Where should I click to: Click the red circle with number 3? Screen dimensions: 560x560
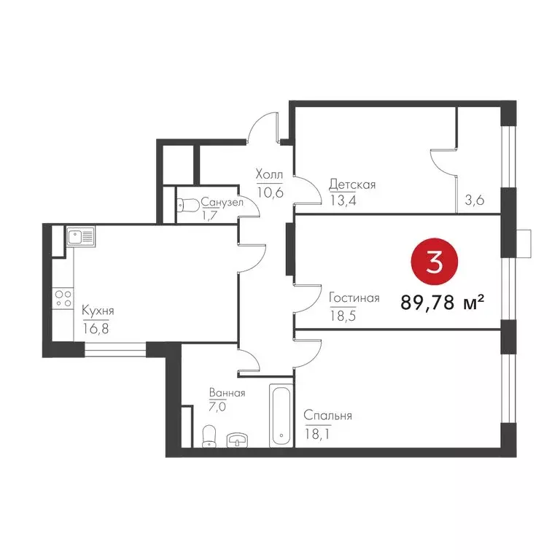[435, 261]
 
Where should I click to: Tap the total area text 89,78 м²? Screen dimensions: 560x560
[443, 301]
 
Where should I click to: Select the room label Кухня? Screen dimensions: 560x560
[98, 310]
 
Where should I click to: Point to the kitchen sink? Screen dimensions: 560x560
[79, 236]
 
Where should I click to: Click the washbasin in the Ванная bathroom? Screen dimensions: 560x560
[238, 440]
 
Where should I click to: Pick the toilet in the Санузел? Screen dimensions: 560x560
[184, 207]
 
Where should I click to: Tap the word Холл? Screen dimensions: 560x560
[268, 174]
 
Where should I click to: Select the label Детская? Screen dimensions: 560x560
[351, 184]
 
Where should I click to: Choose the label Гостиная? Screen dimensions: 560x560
[354, 297]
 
